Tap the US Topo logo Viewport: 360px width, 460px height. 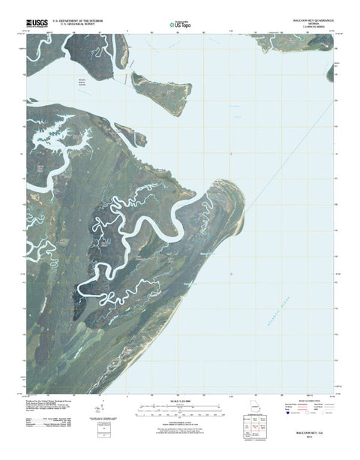[176, 24]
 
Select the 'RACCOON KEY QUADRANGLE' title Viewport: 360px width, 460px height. [310, 20]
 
